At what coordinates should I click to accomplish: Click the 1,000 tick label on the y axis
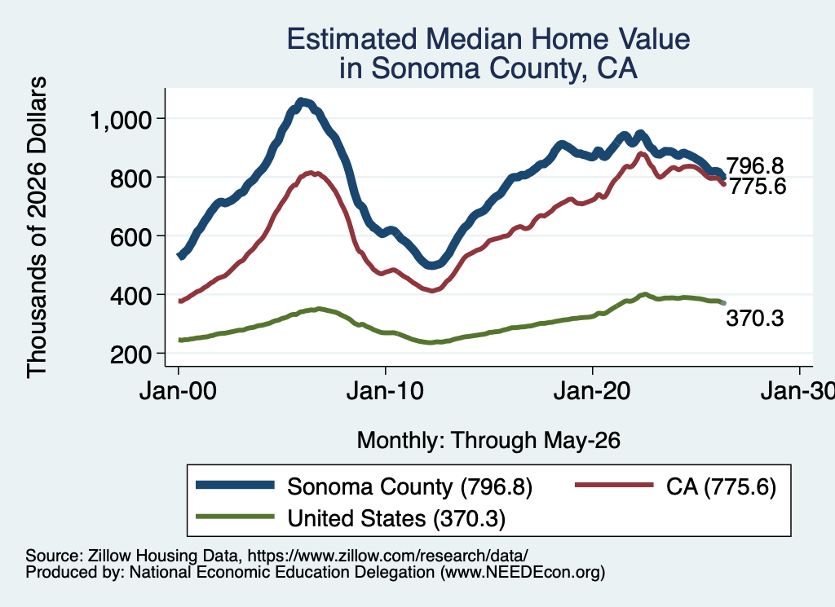121,120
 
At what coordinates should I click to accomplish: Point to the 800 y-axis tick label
131,178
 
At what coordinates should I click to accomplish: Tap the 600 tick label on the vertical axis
131,237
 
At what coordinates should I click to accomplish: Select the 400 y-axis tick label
131,295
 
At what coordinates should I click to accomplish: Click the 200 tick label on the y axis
131,354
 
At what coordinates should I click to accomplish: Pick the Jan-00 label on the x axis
178,391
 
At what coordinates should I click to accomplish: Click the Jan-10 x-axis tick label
385,391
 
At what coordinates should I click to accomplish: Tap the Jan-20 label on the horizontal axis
592,391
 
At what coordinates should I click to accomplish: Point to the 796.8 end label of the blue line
754,166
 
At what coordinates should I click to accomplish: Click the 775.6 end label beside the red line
758,187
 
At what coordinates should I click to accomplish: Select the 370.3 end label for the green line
754,318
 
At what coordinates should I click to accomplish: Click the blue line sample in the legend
235,485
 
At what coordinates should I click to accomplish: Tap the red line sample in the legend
614,485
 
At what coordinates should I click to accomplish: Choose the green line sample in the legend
235,517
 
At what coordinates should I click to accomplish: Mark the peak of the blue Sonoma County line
301,102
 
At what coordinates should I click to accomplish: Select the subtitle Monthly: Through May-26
488,441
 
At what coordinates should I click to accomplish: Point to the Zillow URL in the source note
387,556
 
